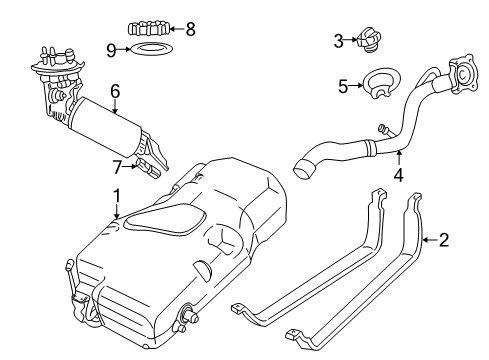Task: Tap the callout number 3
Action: point(339,40)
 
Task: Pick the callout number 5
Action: point(342,86)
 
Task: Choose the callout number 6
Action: point(115,91)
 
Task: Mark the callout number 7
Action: point(116,164)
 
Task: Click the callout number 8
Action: point(189,29)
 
